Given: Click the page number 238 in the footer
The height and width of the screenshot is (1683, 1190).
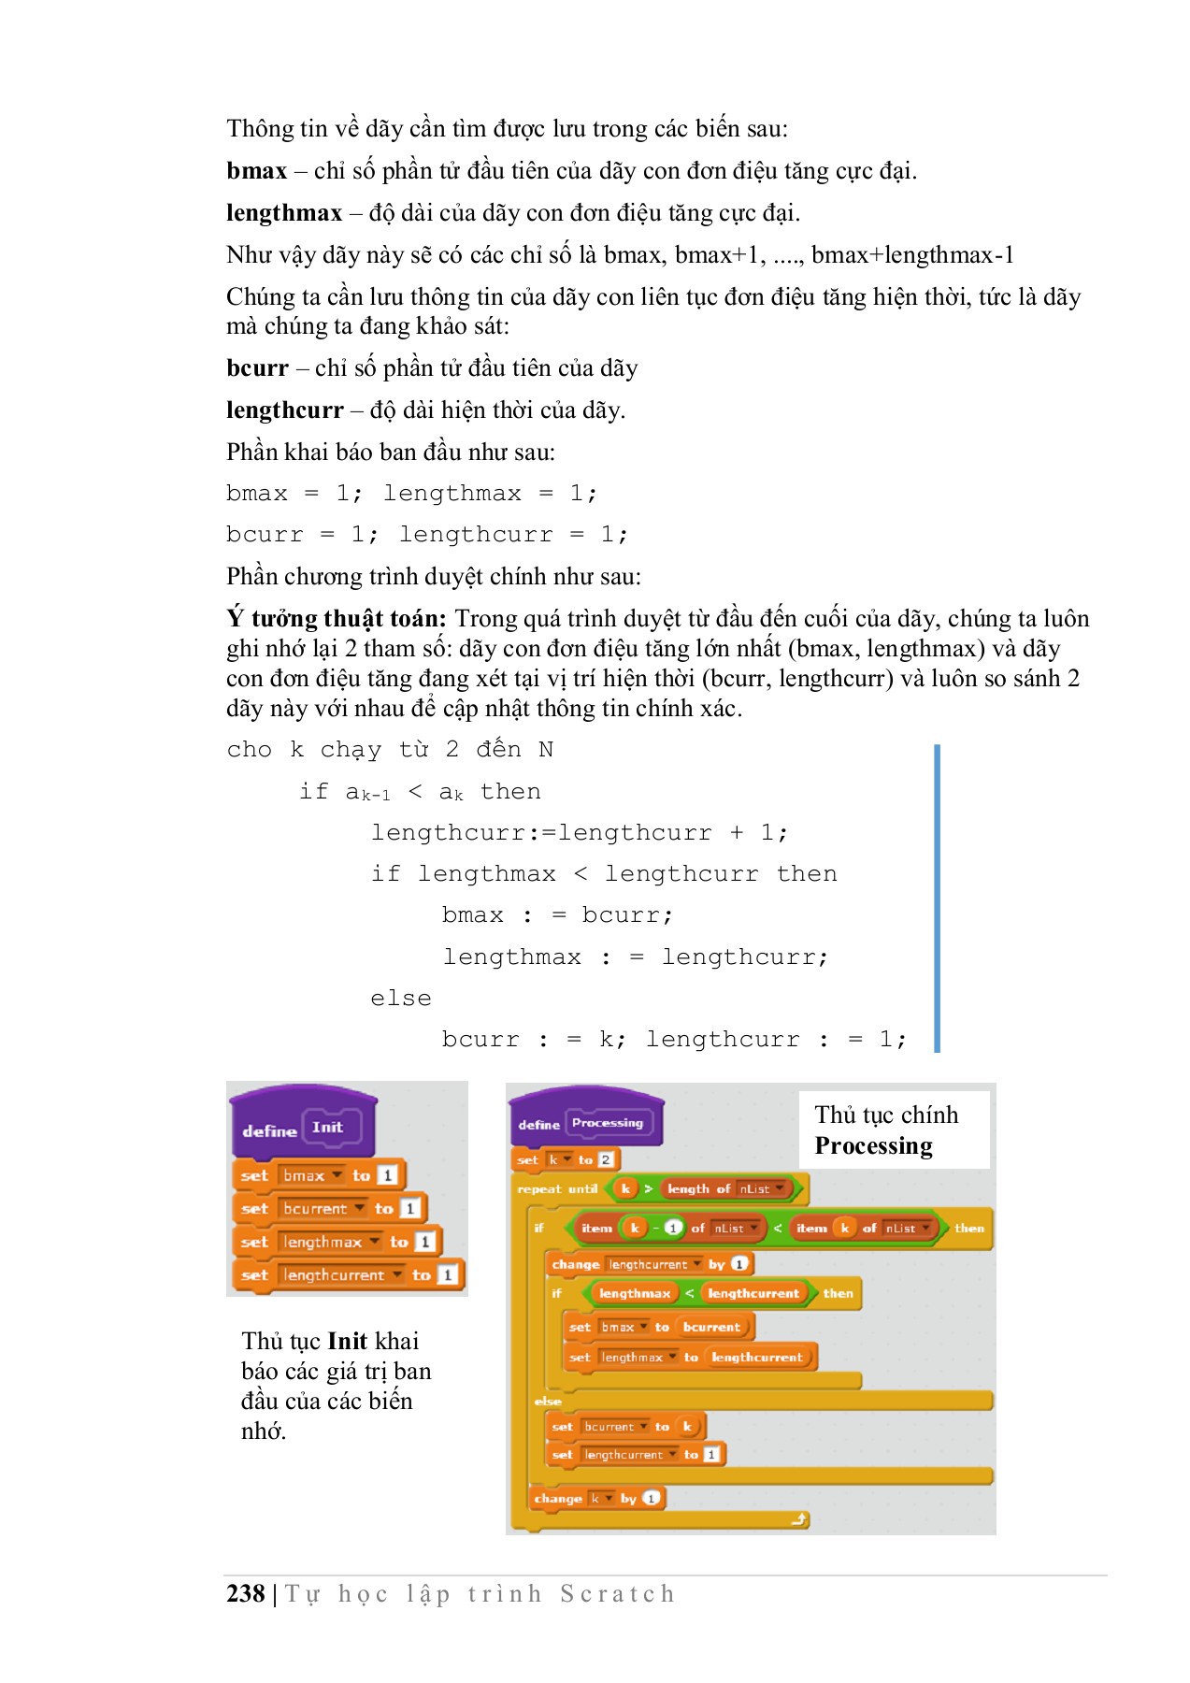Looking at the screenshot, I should point(245,1593).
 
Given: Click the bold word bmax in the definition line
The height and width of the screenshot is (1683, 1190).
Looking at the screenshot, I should point(256,171).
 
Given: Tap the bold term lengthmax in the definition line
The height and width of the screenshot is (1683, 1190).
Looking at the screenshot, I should point(284,213).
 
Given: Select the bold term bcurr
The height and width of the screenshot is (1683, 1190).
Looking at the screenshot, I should point(257,368).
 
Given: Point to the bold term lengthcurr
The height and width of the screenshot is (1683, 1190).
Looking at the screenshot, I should point(284,410).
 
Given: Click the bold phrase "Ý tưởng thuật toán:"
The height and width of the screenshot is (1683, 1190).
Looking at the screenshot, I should point(337,619).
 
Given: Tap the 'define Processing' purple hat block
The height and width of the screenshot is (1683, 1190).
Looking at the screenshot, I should point(584,1123).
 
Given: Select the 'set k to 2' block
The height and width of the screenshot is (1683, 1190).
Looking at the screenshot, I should point(566,1160).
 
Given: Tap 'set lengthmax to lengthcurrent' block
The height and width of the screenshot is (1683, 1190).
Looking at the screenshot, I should point(690,1357).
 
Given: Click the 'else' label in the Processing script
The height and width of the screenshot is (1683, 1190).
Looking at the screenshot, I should point(548,1401).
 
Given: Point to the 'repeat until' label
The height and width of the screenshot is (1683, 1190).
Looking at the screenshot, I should point(557,1189).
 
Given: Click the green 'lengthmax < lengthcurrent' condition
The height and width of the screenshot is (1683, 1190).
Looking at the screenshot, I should point(698,1293).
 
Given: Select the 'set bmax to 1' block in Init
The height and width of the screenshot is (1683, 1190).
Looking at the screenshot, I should point(318,1175).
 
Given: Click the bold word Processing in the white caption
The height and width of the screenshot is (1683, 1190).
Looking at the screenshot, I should point(873,1146).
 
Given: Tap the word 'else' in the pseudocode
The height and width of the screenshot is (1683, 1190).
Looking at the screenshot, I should point(400,999).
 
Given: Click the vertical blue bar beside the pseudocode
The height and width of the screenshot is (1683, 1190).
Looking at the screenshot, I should point(937,898).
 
